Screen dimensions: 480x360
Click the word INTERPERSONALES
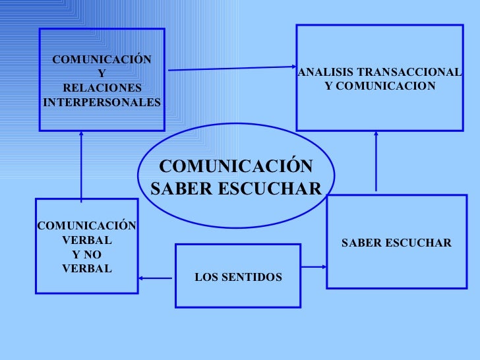point(102,103)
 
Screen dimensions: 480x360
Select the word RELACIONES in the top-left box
point(102,88)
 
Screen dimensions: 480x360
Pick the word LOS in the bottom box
point(204,277)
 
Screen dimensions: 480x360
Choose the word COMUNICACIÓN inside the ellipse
point(236,166)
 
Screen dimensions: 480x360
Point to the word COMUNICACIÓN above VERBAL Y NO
point(87,226)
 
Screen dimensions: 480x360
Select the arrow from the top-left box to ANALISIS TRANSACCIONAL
point(231,68)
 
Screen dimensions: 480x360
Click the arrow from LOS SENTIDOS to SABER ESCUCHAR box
point(314,267)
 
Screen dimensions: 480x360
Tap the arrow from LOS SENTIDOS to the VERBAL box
point(156,278)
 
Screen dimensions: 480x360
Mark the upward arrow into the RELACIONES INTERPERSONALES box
point(81,165)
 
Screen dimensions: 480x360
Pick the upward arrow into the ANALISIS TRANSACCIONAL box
point(376,161)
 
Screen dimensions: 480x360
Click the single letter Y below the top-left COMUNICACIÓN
point(101,75)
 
